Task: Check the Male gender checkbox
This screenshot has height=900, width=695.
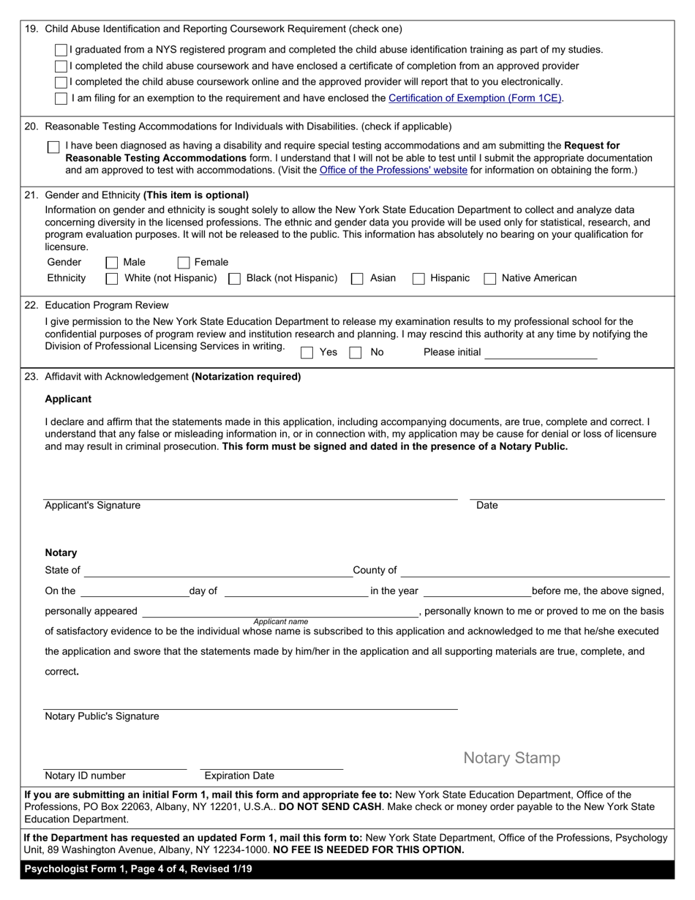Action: coord(112,262)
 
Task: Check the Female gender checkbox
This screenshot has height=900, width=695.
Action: coord(184,262)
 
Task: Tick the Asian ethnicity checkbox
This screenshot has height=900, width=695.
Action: coord(357,278)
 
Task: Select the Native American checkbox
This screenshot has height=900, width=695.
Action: coord(490,278)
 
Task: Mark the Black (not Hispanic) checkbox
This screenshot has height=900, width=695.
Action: coord(235,278)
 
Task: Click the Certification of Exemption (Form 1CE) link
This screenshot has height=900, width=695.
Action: coord(475,98)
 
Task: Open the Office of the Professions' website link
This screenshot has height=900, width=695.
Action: coord(393,170)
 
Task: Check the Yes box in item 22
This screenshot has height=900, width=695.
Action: coord(307,352)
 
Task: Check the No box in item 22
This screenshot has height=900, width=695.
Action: coord(356,352)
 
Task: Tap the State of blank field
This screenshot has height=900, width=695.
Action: coord(217,570)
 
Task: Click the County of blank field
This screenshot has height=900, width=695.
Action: coord(535,570)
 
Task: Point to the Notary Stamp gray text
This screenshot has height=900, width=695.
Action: coord(511,758)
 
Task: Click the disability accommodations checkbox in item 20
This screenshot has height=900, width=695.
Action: coord(53,147)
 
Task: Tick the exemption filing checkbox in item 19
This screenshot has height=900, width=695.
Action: coord(61,98)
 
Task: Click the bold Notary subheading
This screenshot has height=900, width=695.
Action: coord(61,552)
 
